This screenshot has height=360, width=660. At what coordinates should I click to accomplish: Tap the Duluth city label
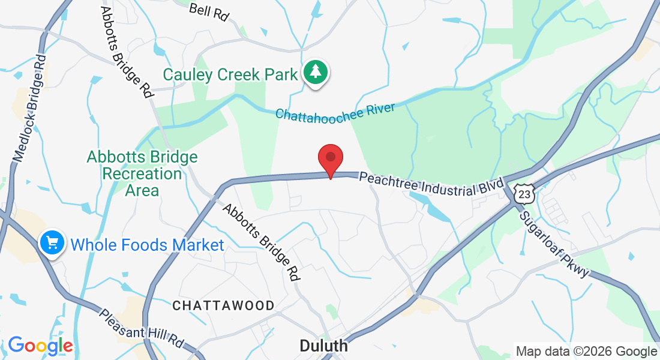pyautogui.click(x=323, y=346)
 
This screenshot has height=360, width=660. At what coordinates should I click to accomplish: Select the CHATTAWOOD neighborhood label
pyautogui.click(x=223, y=305)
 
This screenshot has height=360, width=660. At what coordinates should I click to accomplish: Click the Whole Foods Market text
pyautogui.click(x=147, y=245)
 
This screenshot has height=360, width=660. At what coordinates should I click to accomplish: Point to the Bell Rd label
pyautogui.click(x=209, y=12)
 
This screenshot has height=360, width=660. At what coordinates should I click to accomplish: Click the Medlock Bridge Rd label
pyautogui.click(x=30, y=109)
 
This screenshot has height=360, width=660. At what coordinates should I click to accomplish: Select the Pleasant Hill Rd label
pyautogui.click(x=142, y=331)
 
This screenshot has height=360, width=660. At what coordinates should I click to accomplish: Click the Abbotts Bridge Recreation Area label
pyautogui.click(x=142, y=174)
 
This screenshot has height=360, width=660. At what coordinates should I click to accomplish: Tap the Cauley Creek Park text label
pyautogui.click(x=230, y=75)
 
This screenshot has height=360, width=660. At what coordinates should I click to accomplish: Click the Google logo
pyautogui.click(x=40, y=346)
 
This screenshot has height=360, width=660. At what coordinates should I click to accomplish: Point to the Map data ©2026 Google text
pyautogui.click(x=586, y=352)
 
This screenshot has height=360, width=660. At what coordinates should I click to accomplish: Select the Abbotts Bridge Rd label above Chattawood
pyautogui.click(x=262, y=242)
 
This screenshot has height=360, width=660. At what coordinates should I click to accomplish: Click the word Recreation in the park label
pyautogui.click(x=142, y=174)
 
